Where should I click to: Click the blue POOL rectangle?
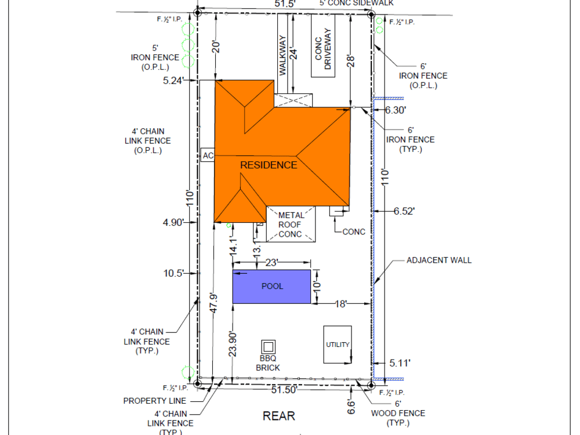(x=271, y=286)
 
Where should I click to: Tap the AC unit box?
(x=208, y=155)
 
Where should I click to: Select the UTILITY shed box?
(x=338, y=345)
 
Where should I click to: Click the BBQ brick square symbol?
(x=268, y=347)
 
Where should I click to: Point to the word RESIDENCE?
(x=269, y=165)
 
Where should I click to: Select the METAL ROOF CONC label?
(x=291, y=224)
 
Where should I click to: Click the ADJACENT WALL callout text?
(x=439, y=260)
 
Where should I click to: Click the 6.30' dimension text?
(x=396, y=110)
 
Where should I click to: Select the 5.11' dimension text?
(x=400, y=363)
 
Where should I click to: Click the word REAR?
(x=279, y=416)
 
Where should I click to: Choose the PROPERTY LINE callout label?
(x=154, y=401)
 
